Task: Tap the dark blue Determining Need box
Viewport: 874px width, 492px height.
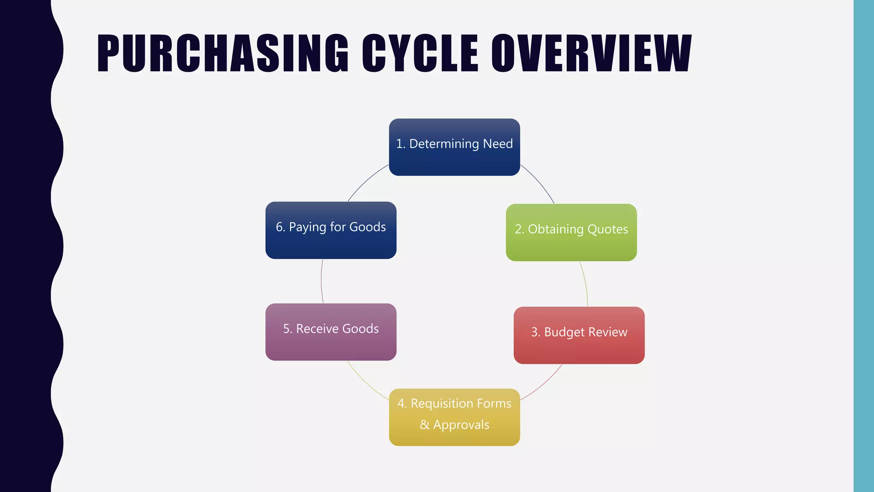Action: click(454, 147)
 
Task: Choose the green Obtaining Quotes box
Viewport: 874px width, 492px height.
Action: click(571, 232)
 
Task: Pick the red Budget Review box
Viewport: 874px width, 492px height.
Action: click(579, 335)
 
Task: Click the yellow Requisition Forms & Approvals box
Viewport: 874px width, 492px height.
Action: click(454, 417)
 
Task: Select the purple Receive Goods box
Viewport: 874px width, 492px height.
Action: click(331, 332)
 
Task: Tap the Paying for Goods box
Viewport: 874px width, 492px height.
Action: click(331, 230)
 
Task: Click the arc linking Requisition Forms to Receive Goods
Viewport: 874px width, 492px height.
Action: click(365, 383)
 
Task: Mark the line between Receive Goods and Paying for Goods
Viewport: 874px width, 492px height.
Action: click(321, 281)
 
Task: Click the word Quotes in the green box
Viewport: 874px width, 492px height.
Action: click(607, 229)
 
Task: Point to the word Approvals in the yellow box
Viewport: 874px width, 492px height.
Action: click(461, 425)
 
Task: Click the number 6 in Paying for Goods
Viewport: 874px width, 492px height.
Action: click(280, 227)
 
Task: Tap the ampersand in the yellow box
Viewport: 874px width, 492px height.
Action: click(424, 425)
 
